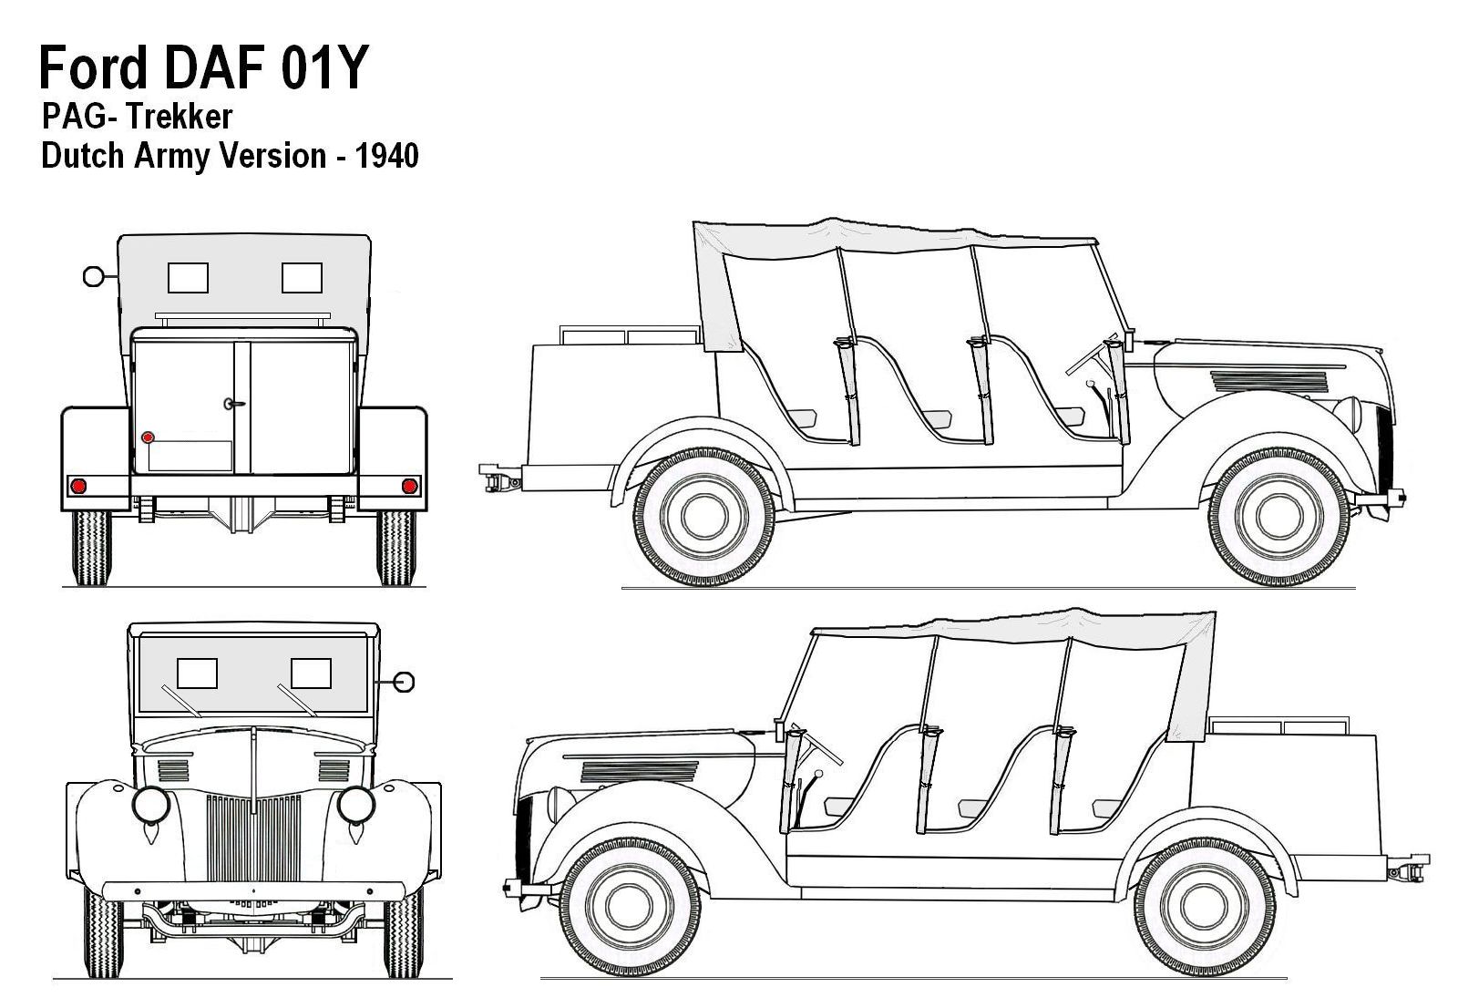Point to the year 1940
[387, 157]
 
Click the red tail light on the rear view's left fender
[79, 485]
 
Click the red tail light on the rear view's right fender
[409, 485]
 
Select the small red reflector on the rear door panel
[148, 437]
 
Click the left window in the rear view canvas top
[189, 277]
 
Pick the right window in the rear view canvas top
[302, 277]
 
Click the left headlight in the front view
[149, 803]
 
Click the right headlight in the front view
[355, 803]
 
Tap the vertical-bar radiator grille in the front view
[252, 837]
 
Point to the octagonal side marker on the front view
[405, 681]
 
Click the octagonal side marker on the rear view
[93, 275]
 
